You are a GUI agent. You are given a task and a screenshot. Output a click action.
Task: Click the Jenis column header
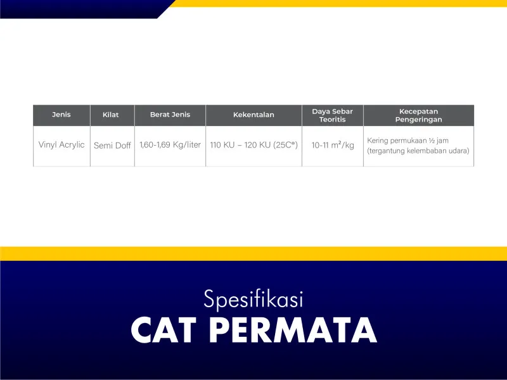[x=61, y=115]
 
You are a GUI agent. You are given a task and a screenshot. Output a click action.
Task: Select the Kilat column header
[x=110, y=115]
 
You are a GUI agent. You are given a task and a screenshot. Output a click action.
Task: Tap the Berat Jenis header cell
[x=170, y=115]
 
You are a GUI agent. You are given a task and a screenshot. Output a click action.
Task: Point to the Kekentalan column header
[x=253, y=115]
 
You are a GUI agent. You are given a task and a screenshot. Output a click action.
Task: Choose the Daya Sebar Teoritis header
[x=332, y=115]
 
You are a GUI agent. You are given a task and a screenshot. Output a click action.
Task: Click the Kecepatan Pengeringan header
[x=418, y=115]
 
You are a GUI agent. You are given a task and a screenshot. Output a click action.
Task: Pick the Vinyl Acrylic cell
[x=61, y=145]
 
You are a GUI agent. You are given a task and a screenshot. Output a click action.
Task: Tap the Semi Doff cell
[x=112, y=146]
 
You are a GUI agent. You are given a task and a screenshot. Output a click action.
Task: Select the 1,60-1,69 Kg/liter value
[x=170, y=145]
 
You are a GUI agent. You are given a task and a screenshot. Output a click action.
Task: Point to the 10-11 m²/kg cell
[x=333, y=145]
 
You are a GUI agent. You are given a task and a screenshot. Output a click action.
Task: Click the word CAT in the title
[x=164, y=330]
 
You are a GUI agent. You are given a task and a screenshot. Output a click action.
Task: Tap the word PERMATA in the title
[x=293, y=330]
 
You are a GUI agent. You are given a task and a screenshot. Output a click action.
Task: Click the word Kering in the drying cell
[x=378, y=141]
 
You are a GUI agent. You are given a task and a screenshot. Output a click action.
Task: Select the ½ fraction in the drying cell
[x=433, y=141]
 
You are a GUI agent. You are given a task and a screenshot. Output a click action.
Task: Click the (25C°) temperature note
[x=286, y=145]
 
